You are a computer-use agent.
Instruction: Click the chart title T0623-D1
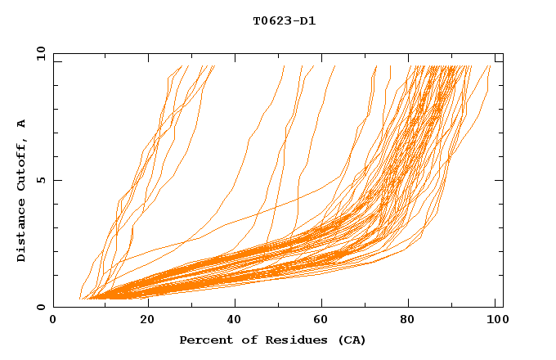[x=284, y=20]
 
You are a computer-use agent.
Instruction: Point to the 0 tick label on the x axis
[x=53, y=320]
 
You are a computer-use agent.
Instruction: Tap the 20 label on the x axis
[x=147, y=320]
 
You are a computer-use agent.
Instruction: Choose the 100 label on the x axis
[x=494, y=320]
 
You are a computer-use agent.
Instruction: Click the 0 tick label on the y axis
[x=40, y=307]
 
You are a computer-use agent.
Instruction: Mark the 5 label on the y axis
[x=40, y=180]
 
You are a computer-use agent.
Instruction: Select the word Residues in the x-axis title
[x=290, y=340]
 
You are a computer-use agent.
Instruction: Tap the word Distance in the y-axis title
[x=21, y=230]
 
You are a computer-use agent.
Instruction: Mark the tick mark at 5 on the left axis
[x=56, y=180]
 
